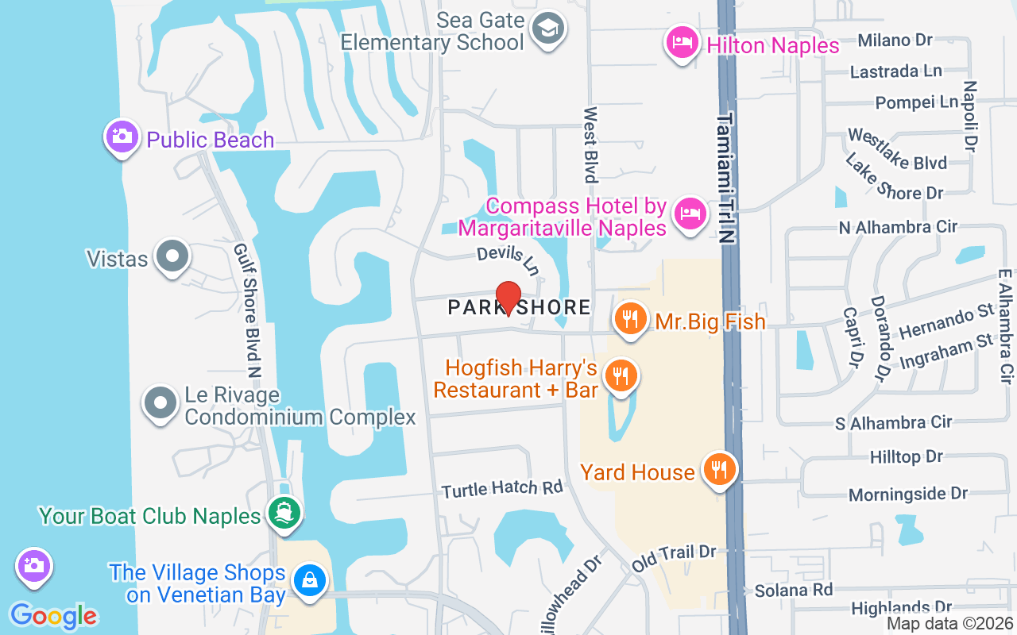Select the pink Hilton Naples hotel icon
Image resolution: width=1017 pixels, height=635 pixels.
coord(682,41)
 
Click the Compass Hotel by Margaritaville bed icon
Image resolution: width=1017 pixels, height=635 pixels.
coord(690,214)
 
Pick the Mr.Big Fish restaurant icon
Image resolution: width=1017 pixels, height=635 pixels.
coord(630,319)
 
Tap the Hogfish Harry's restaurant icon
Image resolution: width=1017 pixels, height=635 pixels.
coord(620,375)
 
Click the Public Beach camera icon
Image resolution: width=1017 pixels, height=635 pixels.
coord(122,137)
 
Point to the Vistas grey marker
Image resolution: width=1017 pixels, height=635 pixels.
coord(172,256)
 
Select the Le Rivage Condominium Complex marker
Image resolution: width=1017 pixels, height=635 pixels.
coord(160,402)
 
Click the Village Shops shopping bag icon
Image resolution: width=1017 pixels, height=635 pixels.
coord(309,580)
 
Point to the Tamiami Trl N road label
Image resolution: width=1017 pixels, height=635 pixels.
coord(725,178)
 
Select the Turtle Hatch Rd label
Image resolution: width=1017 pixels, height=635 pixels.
coord(501,489)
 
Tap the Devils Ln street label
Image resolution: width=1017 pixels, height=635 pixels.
coord(508,260)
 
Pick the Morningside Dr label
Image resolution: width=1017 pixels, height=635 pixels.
coord(908,494)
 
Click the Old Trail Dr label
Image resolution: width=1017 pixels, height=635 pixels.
coord(675,557)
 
